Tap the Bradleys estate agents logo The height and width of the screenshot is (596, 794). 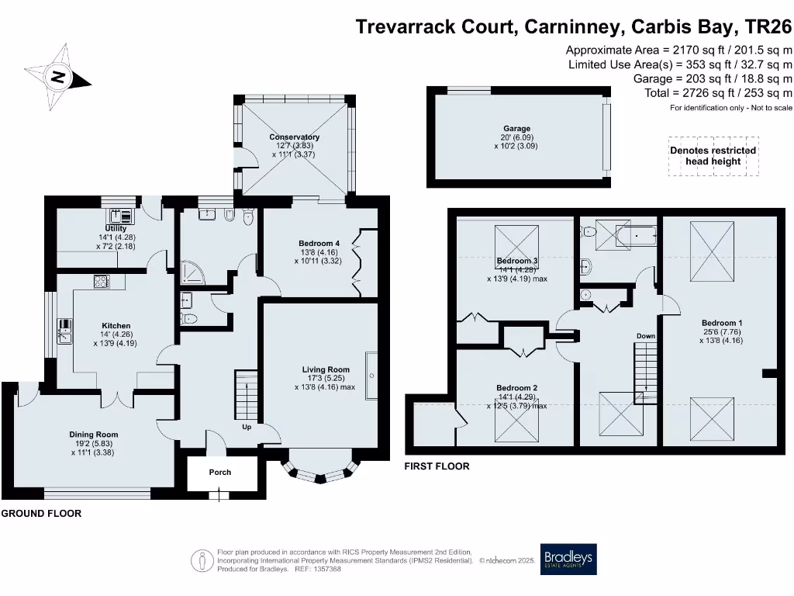tap(568, 559)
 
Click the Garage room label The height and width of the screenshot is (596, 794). tap(516, 129)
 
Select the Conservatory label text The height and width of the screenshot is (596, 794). tap(294, 137)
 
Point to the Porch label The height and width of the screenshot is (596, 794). tap(219, 473)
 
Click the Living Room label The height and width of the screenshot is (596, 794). tap(326, 369)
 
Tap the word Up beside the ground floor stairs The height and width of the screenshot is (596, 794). tap(247, 427)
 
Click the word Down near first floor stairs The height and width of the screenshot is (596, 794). tap(646, 336)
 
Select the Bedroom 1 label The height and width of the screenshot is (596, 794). tap(722, 323)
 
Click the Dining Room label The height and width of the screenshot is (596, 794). tap(94, 435)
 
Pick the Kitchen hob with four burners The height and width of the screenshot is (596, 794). tap(102, 281)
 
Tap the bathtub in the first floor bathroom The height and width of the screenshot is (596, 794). tap(636, 236)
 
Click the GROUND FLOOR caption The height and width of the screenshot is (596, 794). tap(41, 514)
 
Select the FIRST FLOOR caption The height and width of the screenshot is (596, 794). tap(437, 466)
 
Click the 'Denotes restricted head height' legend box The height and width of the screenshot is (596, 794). tap(713, 156)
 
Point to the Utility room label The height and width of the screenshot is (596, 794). tap(116, 228)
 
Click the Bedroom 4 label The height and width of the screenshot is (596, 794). tap(319, 243)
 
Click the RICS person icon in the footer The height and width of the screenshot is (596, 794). tap(202, 560)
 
